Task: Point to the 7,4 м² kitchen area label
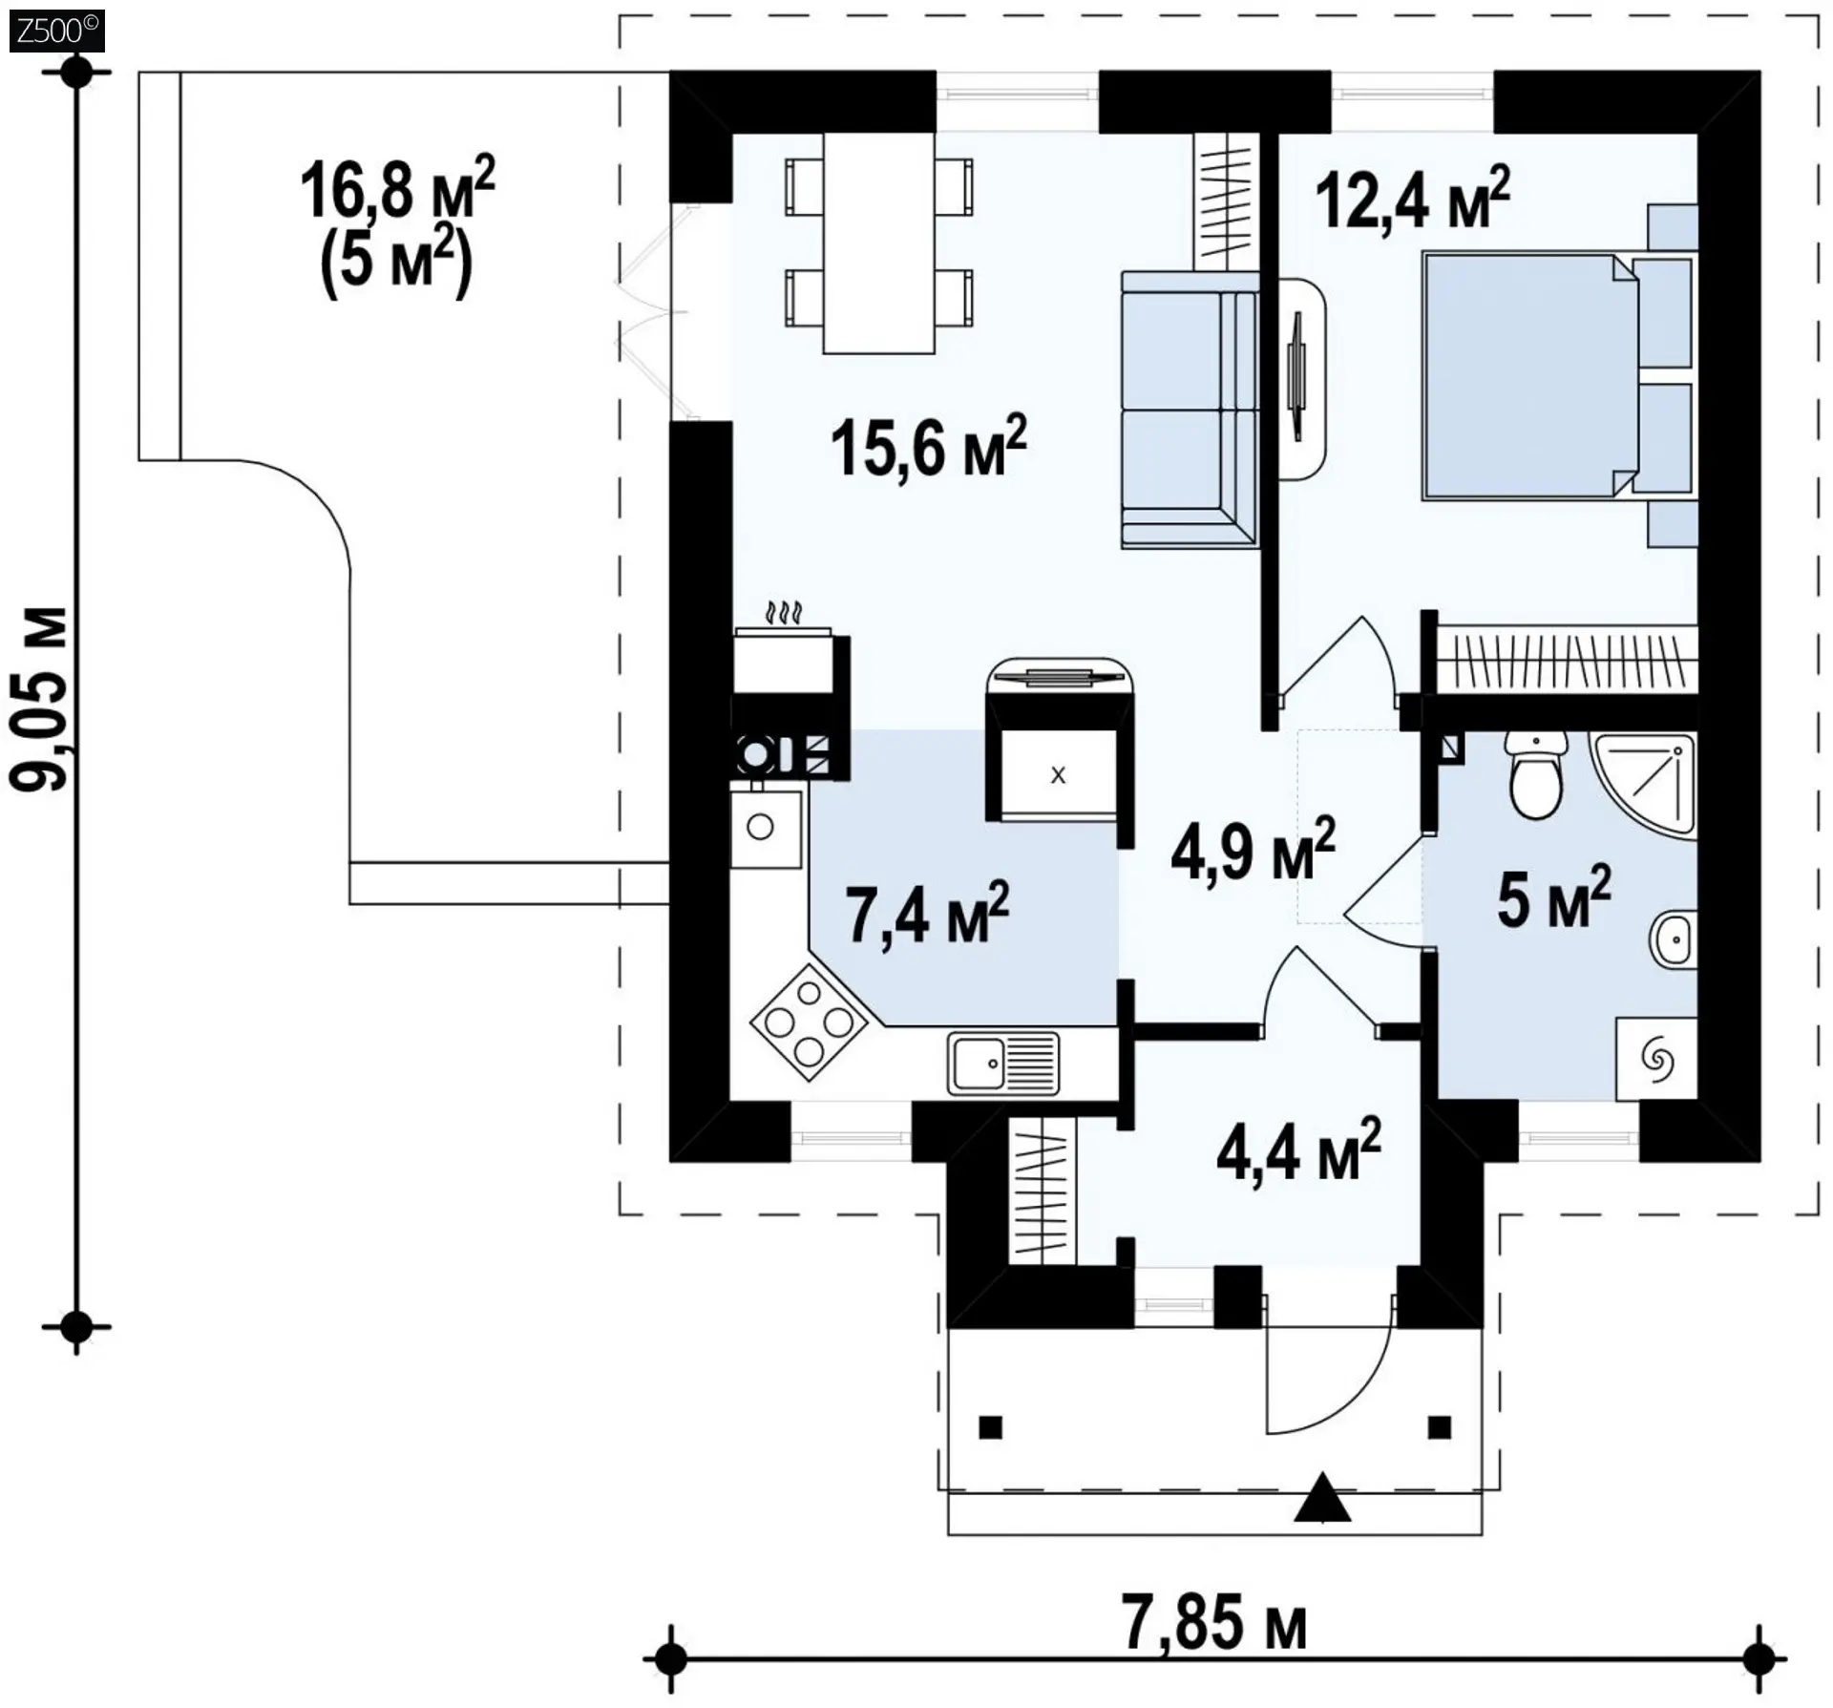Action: tap(927, 914)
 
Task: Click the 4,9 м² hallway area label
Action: tap(1253, 849)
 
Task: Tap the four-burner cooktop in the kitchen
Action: tap(809, 1023)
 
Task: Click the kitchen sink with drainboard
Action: tap(1003, 1063)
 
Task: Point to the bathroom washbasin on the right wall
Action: tap(1674, 940)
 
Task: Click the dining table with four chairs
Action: tap(879, 243)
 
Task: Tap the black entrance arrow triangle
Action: tap(1322, 1497)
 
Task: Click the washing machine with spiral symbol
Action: tap(1656, 1059)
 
